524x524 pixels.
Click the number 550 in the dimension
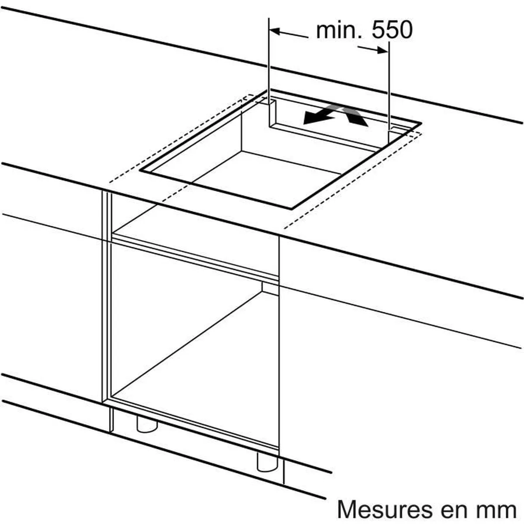click(x=392, y=30)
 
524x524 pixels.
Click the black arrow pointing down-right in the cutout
click(x=355, y=116)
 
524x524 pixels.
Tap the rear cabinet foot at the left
click(x=147, y=424)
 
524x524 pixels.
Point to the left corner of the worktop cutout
click(x=141, y=171)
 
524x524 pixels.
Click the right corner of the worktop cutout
click(x=421, y=124)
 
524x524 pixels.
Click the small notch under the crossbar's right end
click(x=270, y=288)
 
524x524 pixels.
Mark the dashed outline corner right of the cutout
click(x=421, y=133)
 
